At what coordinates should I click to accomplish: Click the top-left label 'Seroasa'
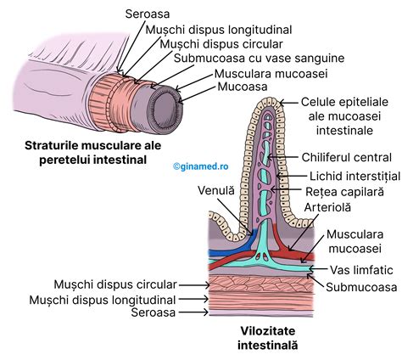(147, 14)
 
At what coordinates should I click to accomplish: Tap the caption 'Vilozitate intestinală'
(268, 339)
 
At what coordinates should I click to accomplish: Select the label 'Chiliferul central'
(345, 157)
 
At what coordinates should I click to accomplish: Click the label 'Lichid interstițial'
(350, 176)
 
